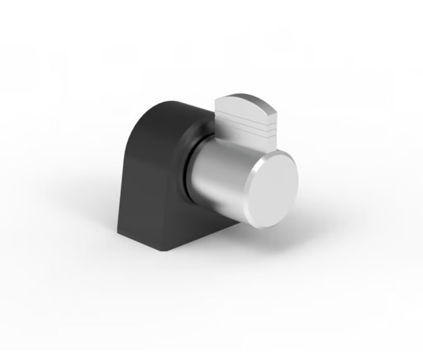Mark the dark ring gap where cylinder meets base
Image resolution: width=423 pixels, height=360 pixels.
point(188,164)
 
